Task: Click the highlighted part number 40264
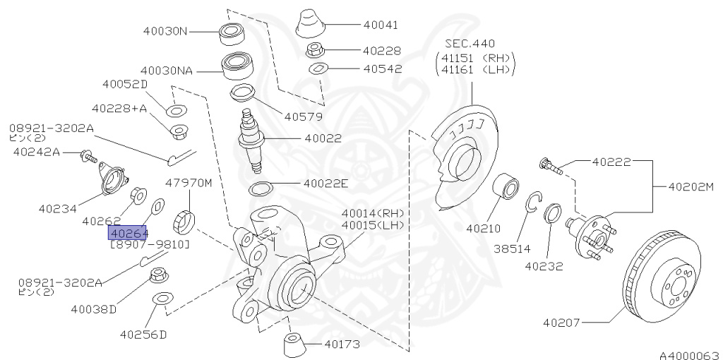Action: coord(128,232)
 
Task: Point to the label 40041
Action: coord(381,25)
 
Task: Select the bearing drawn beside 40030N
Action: coord(229,32)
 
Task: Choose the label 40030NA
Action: coord(167,71)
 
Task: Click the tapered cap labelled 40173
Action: coord(293,344)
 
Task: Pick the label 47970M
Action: coord(189,183)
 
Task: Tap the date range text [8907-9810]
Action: coord(149,244)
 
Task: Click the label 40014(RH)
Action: coord(371,212)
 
